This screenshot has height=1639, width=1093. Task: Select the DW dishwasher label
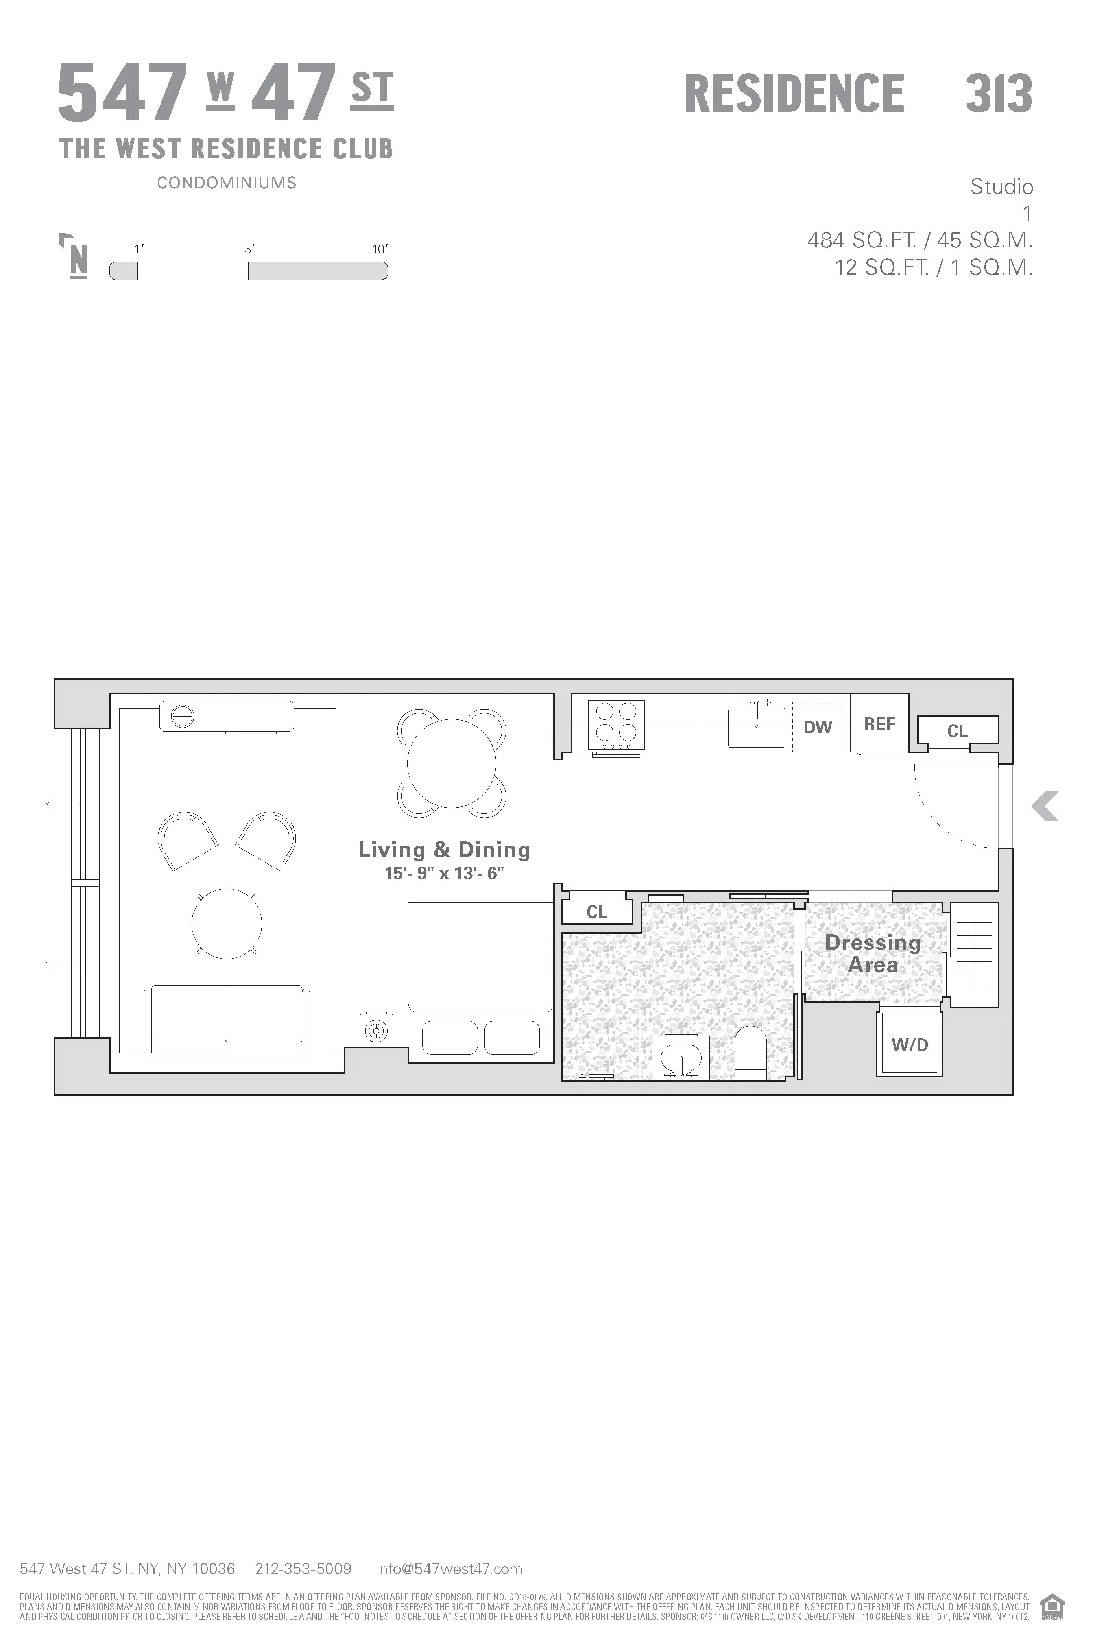point(818,727)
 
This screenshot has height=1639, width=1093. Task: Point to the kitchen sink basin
point(756,728)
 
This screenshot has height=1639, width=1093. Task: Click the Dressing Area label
point(873,953)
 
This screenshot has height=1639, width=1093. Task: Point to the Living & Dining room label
point(444,850)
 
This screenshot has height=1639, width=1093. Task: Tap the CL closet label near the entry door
point(957,731)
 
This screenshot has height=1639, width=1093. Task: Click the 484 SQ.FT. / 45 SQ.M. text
point(919,240)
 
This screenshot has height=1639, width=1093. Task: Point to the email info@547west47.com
point(449,1569)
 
